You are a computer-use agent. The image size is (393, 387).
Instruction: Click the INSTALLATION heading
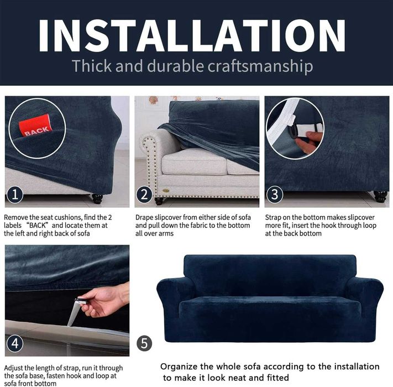(x=192, y=35)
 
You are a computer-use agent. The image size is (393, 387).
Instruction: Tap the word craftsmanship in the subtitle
(x=260, y=66)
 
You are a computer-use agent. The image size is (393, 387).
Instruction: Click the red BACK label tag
(x=36, y=126)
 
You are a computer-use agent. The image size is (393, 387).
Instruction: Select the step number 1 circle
(x=15, y=195)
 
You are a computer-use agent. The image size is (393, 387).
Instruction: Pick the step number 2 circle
(x=144, y=195)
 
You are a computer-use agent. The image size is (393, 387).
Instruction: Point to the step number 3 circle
(x=275, y=195)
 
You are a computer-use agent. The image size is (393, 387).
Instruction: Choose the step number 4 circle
(x=15, y=343)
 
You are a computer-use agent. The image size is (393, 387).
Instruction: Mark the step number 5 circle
(x=144, y=343)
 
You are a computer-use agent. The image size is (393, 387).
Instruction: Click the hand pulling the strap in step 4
(x=105, y=300)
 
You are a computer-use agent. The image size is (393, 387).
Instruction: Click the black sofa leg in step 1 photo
(x=97, y=198)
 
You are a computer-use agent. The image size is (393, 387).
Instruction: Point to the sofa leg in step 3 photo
(x=380, y=197)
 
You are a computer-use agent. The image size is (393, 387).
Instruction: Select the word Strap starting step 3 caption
(x=273, y=218)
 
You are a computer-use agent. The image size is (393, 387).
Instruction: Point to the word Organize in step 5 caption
(x=179, y=367)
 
